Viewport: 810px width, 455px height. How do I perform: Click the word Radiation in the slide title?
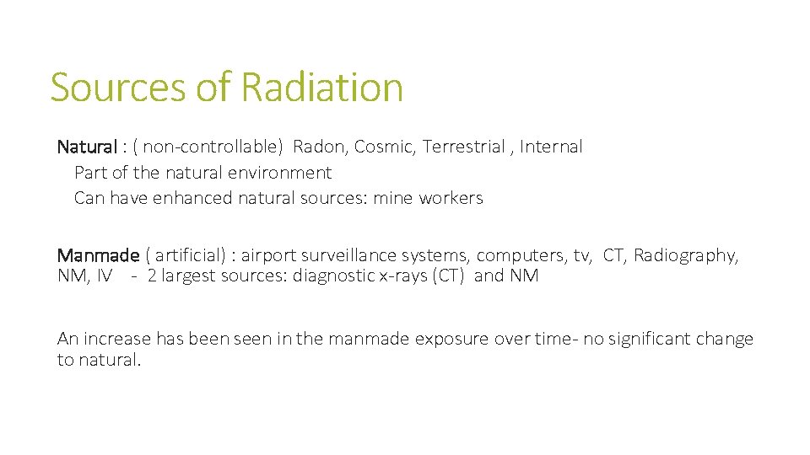pyautogui.click(x=321, y=88)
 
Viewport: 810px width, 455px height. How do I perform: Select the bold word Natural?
pyautogui.click(x=87, y=147)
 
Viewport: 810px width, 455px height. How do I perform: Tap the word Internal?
pyautogui.click(x=551, y=147)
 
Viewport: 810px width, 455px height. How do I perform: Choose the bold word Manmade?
pyautogui.click(x=98, y=255)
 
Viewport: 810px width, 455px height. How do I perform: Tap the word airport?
pyautogui.click(x=268, y=255)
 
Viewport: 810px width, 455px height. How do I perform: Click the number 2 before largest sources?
pyautogui.click(x=152, y=276)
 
